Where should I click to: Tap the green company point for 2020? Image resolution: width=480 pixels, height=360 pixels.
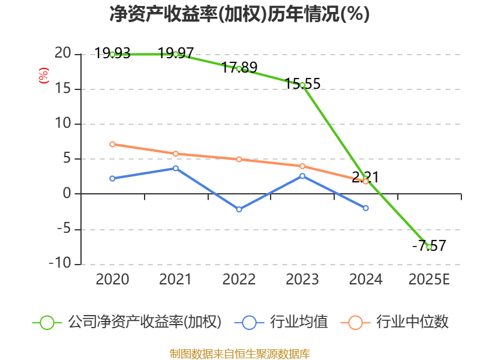point(112,55)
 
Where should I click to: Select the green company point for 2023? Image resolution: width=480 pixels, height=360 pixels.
point(302,85)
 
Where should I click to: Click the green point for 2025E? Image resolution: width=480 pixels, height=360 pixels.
point(429,247)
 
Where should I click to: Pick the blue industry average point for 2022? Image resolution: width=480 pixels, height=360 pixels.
point(239,209)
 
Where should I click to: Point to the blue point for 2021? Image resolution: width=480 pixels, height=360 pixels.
point(176,168)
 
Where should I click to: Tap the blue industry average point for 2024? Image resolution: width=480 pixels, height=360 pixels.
point(366,208)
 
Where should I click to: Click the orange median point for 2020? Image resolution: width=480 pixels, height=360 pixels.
point(112,144)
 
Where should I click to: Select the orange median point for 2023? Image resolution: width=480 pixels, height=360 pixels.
point(302,166)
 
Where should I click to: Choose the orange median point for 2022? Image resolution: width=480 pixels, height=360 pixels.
point(239,159)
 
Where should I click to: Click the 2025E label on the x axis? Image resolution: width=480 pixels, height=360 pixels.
point(429,280)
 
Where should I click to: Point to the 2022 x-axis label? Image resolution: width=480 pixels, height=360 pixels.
point(239,280)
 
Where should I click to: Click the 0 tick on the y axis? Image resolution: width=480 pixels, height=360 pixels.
point(67,194)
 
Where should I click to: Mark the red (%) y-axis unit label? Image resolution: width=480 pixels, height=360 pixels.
point(43,76)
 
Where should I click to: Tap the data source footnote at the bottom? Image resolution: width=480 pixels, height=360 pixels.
point(239,353)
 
